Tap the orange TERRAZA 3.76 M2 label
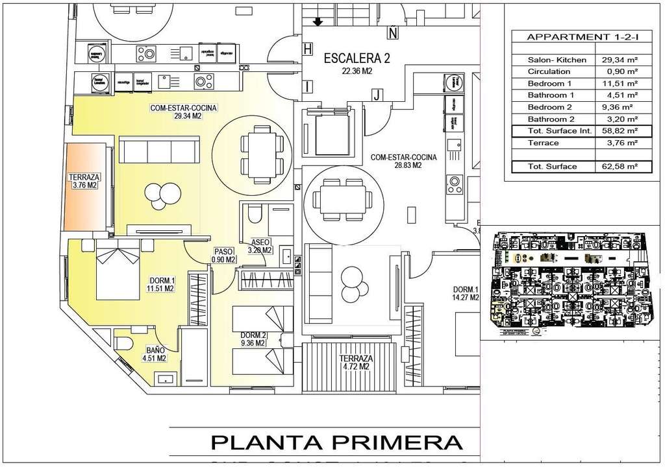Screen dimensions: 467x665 [x=84, y=181]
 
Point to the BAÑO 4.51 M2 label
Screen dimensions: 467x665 [x=153, y=353]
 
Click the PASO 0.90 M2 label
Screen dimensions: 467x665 [x=223, y=255]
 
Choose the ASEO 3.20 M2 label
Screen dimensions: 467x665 [x=259, y=245]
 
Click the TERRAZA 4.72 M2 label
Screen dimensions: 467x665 [x=355, y=363]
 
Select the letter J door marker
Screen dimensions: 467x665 [x=375, y=95]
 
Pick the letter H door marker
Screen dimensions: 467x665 [x=308, y=48]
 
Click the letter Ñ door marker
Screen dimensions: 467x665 [x=392, y=32]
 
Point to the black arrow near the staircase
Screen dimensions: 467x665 [x=318, y=22]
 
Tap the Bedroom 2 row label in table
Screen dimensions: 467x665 [x=549, y=107]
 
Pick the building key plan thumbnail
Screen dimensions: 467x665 [x=570, y=284]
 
